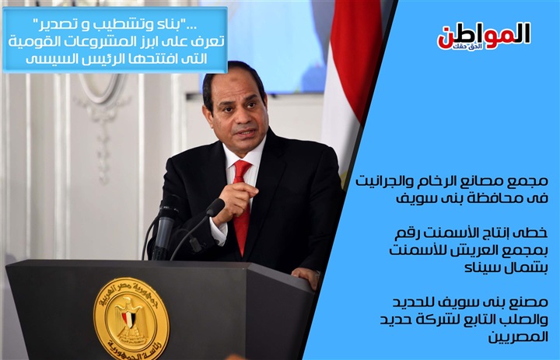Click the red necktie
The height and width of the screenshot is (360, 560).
point(242,206)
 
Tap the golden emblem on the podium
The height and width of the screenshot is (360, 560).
point(131,319)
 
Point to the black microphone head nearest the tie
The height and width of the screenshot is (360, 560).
point(215,207)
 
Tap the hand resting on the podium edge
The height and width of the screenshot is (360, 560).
point(306,277)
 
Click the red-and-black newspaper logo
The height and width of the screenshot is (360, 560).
point(484,36)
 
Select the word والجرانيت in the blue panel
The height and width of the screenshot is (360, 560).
point(380,181)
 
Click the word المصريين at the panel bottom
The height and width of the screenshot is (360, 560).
point(518,337)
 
